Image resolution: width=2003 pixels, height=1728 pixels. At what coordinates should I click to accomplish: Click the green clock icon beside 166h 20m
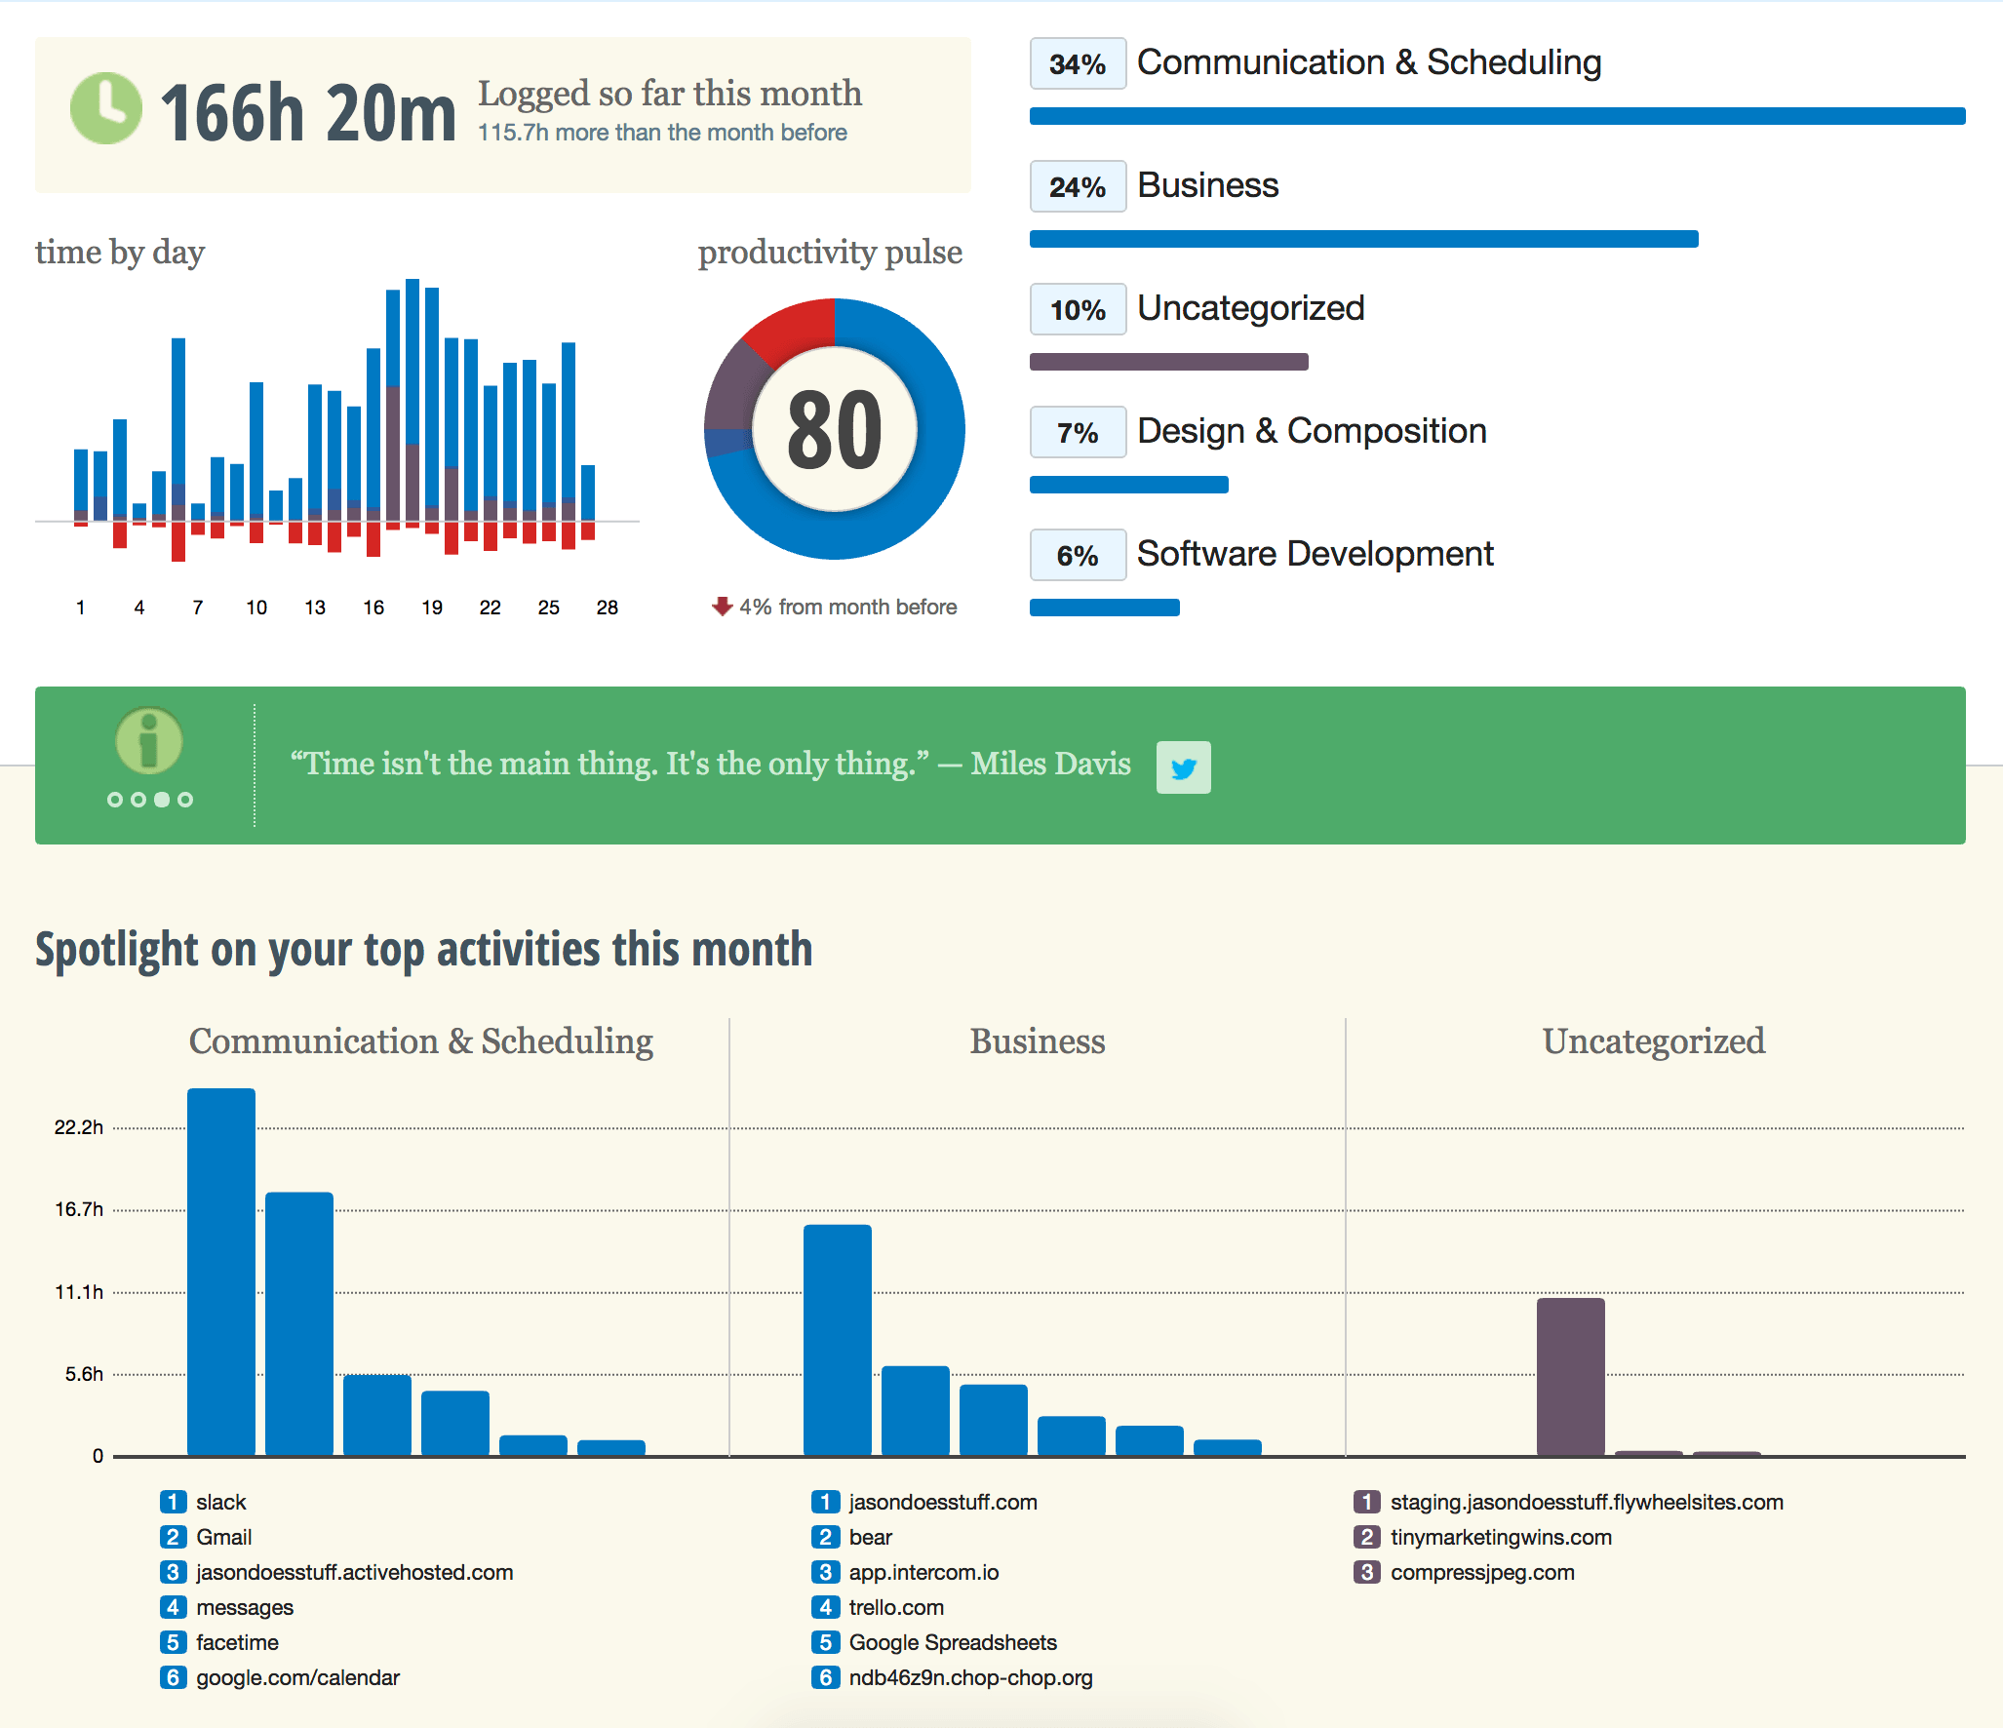[106, 108]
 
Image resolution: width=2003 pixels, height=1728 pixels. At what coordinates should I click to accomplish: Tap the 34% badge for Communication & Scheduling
[1078, 64]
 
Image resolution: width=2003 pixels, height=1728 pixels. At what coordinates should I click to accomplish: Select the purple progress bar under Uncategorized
[1168, 362]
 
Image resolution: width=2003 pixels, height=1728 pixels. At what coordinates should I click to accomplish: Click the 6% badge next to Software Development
[1078, 556]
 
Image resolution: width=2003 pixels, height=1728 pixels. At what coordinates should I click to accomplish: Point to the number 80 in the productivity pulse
[835, 430]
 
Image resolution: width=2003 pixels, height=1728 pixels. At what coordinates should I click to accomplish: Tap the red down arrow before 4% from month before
[722, 607]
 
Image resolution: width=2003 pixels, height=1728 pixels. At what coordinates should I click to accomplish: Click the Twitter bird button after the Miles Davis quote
[1183, 767]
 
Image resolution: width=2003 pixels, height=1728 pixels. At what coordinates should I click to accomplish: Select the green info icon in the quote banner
[149, 740]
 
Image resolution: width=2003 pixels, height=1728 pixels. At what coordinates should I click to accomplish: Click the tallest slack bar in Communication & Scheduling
[221, 1272]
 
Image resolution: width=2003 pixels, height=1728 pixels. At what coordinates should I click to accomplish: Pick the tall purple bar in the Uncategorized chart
[1570, 1376]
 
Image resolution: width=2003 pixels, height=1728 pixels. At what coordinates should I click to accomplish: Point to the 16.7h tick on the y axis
[79, 1209]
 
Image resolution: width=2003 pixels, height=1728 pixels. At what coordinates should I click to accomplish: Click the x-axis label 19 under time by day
[431, 608]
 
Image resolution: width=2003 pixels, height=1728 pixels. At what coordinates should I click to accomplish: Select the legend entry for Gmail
[223, 1537]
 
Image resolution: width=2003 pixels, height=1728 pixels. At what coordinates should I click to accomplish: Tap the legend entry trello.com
[895, 1607]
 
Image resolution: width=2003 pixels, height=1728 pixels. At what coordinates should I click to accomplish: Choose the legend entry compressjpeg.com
[1481, 1572]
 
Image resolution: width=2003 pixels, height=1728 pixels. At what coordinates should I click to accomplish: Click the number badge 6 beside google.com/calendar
[173, 1677]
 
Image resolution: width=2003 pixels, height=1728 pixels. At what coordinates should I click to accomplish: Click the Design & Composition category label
[1311, 431]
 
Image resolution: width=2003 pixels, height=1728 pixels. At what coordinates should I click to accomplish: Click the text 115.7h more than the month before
[662, 133]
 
